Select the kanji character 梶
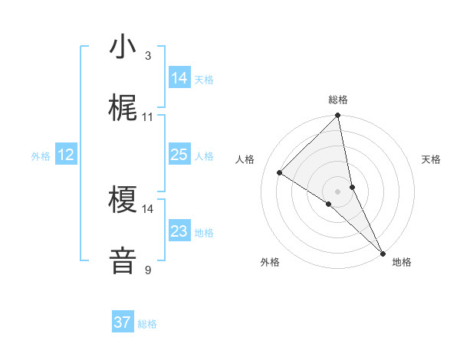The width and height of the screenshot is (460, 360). (123, 109)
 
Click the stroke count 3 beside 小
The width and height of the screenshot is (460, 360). (148, 56)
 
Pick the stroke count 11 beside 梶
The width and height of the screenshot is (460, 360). (148, 117)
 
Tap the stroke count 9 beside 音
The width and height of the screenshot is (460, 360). (148, 270)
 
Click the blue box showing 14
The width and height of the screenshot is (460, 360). (179, 78)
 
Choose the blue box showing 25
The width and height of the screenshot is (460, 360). (179, 155)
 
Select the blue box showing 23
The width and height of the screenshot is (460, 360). (179, 231)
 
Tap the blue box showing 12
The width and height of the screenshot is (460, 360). (66, 155)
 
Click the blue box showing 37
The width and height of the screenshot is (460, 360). (123, 322)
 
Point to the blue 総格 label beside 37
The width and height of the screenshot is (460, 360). (148, 324)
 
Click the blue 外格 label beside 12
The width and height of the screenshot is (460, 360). (41, 156)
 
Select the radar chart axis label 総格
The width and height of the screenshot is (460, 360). (338, 100)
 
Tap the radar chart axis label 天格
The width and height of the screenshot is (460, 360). (431, 159)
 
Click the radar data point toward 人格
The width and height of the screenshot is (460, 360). (280, 172)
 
